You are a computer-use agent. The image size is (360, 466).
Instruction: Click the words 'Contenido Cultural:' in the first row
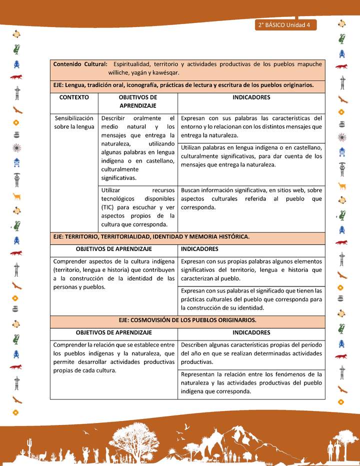pyautogui.click(x=80, y=64)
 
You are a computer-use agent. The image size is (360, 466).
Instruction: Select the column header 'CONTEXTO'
pyautogui.click(x=74, y=97)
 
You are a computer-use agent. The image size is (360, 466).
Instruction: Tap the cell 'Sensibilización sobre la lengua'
pyautogui.click(x=74, y=122)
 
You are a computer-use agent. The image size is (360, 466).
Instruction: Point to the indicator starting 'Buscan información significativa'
pyautogui.click(x=251, y=198)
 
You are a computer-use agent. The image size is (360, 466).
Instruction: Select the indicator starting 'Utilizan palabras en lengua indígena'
pyautogui.click(x=251, y=156)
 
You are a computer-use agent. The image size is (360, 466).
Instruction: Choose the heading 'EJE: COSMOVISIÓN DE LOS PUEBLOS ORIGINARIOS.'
pyautogui.click(x=187, y=320)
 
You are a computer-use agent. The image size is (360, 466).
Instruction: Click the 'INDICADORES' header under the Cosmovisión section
pyautogui.click(x=251, y=332)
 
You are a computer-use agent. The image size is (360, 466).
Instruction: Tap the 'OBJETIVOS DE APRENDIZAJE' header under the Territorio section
pyautogui.click(x=113, y=248)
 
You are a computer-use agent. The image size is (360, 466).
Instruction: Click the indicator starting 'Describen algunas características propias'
pyautogui.click(x=251, y=353)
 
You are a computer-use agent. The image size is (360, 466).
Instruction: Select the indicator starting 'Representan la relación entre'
pyautogui.click(x=251, y=382)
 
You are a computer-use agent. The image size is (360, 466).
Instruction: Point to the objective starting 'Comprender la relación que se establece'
pyautogui.click(x=113, y=357)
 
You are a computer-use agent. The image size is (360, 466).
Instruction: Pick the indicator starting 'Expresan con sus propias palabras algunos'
pyautogui.click(x=251, y=270)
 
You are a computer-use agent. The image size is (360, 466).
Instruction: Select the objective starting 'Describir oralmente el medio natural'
pyautogui.click(x=137, y=148)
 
